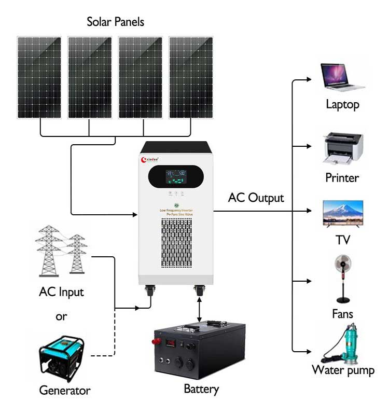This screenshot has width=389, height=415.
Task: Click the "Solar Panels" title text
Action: pos(115,22)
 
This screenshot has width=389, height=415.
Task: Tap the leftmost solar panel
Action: pos(39,77)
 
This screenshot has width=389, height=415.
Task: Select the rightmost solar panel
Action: pos(191,77)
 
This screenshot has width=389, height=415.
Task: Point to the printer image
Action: pos(342,148)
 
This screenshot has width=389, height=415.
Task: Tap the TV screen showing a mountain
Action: pos(342,213)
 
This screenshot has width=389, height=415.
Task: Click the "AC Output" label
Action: pos(256,198)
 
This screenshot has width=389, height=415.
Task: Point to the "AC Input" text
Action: pos(61,292)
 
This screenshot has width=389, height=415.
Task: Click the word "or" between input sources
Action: pos(61,316)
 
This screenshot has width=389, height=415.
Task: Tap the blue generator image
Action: pos(61,358)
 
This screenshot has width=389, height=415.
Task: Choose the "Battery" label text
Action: pos(201,389)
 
